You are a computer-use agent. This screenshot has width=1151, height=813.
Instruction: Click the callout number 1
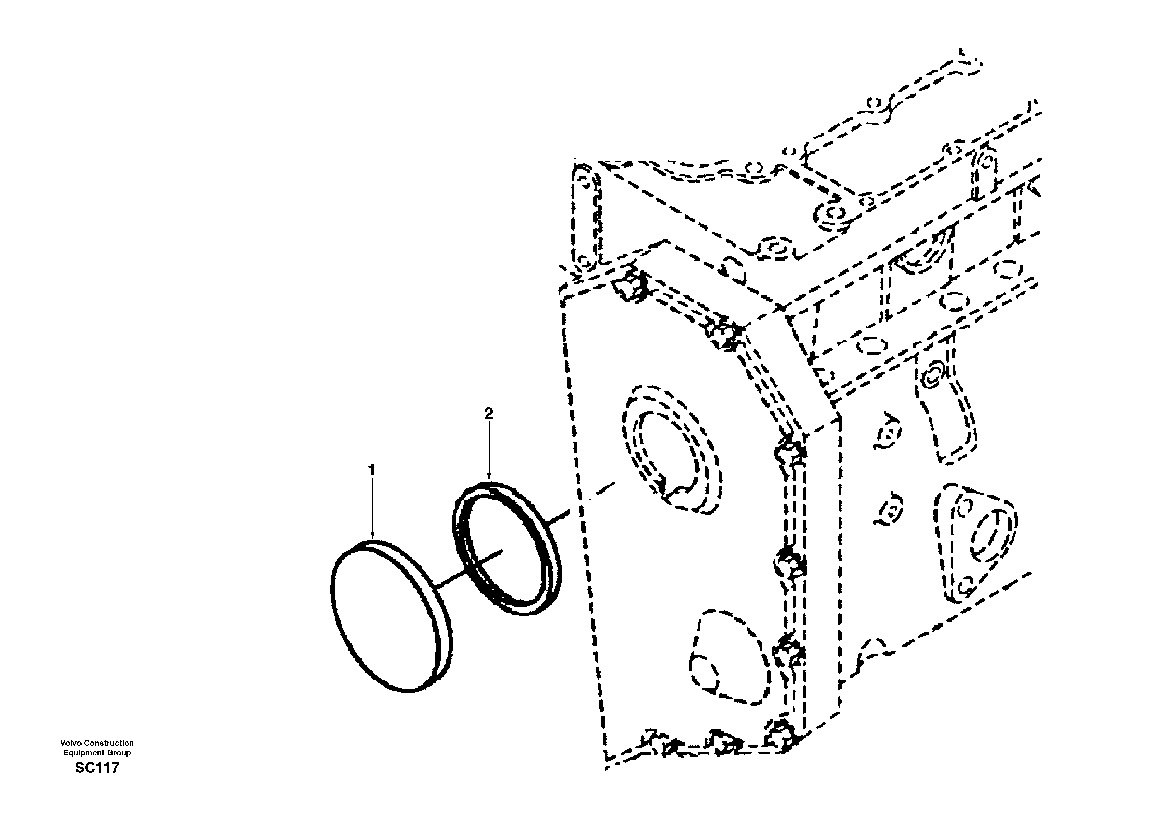[x=371, y=470]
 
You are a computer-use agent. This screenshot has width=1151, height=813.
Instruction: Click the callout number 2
[x=489, y=413]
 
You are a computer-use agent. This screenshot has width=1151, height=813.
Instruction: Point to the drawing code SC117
[x=97, y=768]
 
